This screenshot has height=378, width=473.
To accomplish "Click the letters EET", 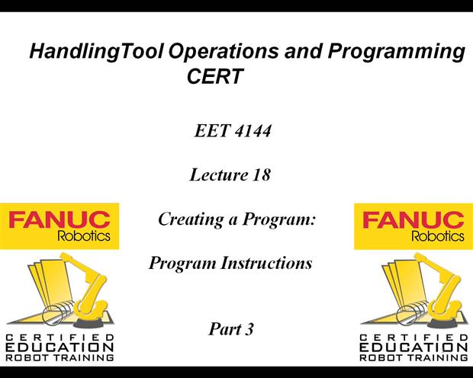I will coord(211,132).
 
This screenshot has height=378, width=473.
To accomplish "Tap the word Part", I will coord(223,330).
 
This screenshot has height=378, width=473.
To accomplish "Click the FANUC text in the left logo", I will coord(60,221).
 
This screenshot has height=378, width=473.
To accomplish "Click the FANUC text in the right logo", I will coord(413,221).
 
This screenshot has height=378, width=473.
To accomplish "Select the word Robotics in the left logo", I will coord(84,236).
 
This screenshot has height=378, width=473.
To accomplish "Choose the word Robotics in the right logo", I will coord(437,236).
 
